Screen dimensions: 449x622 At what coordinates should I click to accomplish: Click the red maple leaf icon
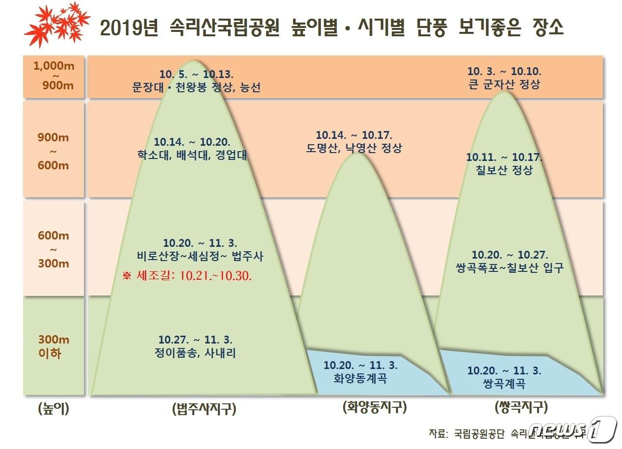tap(57, 23)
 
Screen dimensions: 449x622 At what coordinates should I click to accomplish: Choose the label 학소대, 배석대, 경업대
tap(192, 156)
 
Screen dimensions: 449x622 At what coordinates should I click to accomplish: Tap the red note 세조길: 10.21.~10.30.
tap(187, 276)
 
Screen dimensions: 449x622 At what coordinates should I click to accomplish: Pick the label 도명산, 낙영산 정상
tap(353, 148)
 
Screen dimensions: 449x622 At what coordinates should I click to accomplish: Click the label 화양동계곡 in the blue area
tap(360, 379)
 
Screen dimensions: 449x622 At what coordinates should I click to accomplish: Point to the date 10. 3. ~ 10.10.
tap(505, 71)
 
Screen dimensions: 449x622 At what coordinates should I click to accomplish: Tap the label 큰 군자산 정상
tap(505, 84)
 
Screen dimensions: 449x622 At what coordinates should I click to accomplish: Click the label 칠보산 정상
tap(504, 170)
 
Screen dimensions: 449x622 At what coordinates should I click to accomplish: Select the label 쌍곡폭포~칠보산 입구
tap(510, 268)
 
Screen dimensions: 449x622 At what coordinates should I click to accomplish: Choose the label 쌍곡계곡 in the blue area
tap(504, 384)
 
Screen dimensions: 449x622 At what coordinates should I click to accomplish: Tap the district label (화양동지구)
tap(375, 407)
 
